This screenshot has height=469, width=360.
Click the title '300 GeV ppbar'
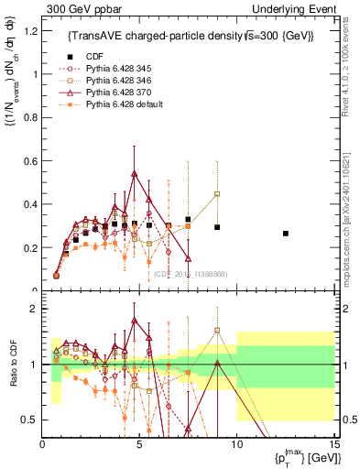[75, 8]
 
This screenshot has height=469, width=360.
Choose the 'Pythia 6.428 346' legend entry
[115, 82]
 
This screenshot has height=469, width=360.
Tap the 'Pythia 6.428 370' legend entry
[115, 93]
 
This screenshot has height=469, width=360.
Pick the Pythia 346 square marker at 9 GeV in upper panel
[217, 194]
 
